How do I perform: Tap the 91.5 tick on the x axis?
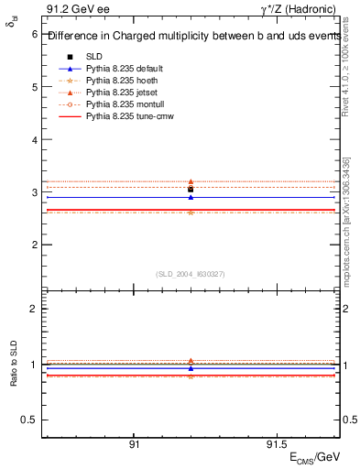[x=276, y=444]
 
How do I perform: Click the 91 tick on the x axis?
[x=134, y=444]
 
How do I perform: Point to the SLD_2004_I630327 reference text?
[x=191, y=274]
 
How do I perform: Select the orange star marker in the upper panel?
[x=191, y=213]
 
